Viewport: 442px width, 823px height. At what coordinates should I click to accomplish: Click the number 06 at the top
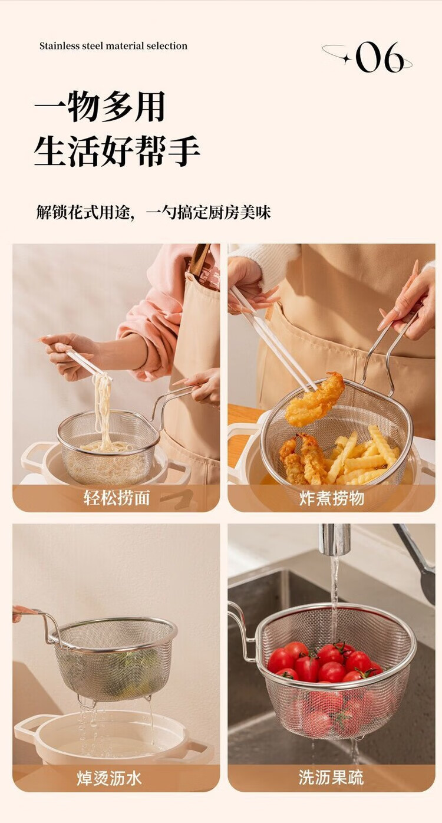[x=380, y=57]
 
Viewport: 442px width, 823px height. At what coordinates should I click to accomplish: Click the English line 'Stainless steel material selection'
[x=113, y=46]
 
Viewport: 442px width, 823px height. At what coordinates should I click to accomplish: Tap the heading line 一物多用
[x=100, y=107]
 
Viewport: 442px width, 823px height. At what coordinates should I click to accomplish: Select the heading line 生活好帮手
[x=117, y=151]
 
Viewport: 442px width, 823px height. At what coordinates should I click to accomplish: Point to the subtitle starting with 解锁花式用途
[x=153, y=212]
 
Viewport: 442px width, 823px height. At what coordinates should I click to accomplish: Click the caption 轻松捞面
[x=117, y=498]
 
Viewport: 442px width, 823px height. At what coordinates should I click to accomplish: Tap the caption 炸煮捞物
[x=331, y=498]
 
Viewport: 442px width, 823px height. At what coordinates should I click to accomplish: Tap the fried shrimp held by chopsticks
[x=315, y=400]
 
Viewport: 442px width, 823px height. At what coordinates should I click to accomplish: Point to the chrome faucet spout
[x=334, y=539]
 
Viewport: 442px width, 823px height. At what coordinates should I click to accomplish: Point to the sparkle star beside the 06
[x=346, y=58]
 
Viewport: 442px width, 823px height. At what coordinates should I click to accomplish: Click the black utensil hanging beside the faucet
[x=419, y=558]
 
